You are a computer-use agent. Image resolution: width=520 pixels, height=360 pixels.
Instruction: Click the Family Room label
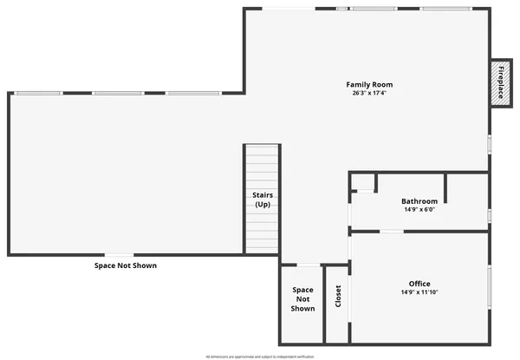pos(369,85)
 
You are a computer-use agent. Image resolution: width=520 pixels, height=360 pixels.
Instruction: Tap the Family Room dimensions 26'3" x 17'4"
pos(369,94)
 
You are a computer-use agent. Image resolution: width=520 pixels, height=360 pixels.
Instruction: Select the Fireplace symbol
pos(500,85)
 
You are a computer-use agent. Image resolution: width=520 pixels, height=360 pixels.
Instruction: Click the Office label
pos(419,284)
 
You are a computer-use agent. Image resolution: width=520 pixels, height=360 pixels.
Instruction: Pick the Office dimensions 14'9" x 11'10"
pos(419,292)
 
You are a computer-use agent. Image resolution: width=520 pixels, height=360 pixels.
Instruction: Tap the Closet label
pos(338,297)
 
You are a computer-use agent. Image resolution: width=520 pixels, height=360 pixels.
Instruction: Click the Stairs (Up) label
pos(262,200)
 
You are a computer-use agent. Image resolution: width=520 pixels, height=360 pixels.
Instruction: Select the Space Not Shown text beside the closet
pos(302,299)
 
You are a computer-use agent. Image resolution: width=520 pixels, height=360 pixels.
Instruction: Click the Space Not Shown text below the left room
pos(126,265)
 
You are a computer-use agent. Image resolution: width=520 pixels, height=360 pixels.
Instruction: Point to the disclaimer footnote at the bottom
pos(260,356)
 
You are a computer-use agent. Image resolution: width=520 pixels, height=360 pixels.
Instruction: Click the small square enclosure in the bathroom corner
pos(363,183)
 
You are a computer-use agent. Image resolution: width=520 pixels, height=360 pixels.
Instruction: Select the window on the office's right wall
pos(489,286)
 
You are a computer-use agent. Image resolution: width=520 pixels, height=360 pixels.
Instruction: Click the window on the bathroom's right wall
pos(489,214)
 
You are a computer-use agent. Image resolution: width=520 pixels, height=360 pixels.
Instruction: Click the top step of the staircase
pos(262,149)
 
